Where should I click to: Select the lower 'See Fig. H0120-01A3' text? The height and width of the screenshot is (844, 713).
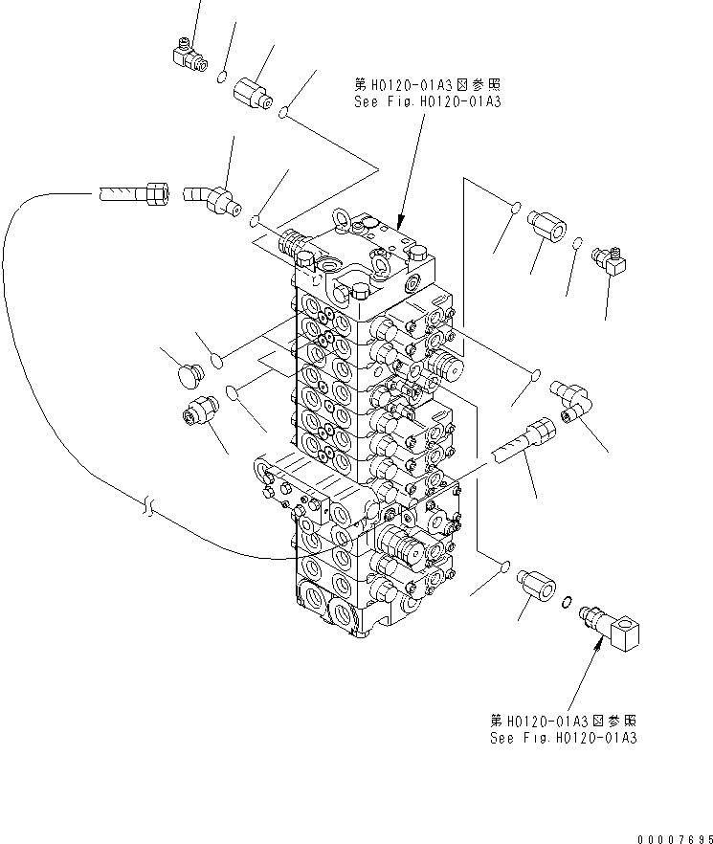pos(562,738)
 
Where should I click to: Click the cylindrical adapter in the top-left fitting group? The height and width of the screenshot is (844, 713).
pos(257,94)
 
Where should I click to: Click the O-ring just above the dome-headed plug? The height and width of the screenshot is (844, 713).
pos(217,359)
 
